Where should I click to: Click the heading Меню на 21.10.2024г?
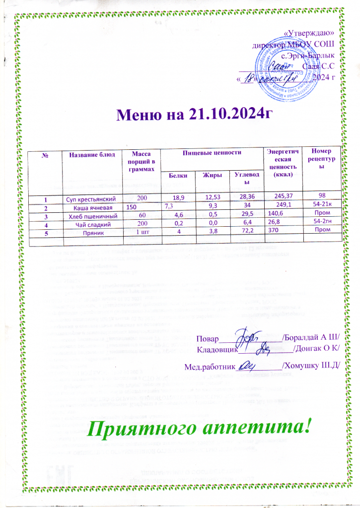(x=195, y=115)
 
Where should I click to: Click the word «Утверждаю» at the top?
(x=312, y=33)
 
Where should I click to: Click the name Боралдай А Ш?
(x=310, y=338)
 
